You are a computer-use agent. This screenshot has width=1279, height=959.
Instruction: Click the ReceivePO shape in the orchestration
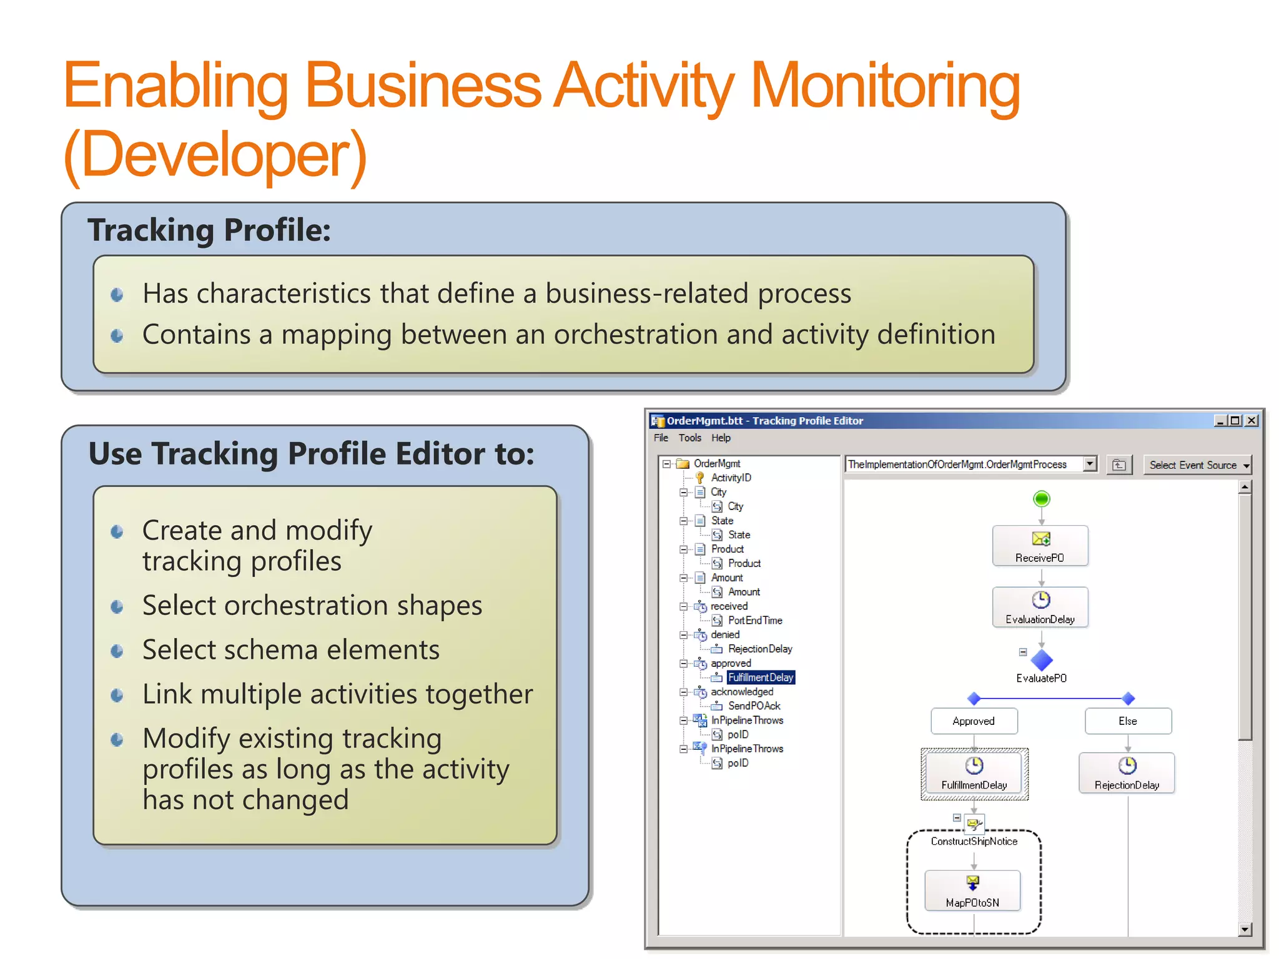click(x=1040, y=546)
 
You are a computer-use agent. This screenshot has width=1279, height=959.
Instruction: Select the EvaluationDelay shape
click(x=1040, y=607)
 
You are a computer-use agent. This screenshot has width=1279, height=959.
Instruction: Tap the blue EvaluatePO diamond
click(x=1041, y=660)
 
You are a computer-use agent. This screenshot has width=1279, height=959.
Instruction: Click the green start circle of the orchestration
click(x=1041, y=499)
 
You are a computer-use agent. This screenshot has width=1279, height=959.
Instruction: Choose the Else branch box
click(x=1127, y=721)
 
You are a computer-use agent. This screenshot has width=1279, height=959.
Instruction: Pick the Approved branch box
click(x=974, y=721)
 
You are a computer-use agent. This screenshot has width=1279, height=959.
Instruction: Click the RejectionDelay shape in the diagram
click(x=1127, y=773)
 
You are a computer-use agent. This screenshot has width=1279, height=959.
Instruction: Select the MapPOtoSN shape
click(x=972, y=891)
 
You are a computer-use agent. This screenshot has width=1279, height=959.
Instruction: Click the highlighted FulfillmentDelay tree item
click(x=760, y=677)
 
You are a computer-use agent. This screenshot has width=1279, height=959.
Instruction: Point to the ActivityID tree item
click(x=731, y=478)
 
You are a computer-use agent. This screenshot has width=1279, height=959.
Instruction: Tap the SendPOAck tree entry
click(x=754, y=706)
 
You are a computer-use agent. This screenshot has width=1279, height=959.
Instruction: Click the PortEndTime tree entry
click(x=754, y=621)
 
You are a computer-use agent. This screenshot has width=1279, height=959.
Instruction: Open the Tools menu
click(x=689, y=438)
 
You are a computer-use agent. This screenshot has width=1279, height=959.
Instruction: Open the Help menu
click(x=721, y=438)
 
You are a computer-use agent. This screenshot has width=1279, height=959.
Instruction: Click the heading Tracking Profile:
click(x=209, y=230)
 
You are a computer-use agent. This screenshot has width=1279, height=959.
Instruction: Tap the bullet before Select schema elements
click(x=117, y=651)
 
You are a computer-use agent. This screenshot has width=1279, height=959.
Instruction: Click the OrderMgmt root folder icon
click(x=683, y=463)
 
